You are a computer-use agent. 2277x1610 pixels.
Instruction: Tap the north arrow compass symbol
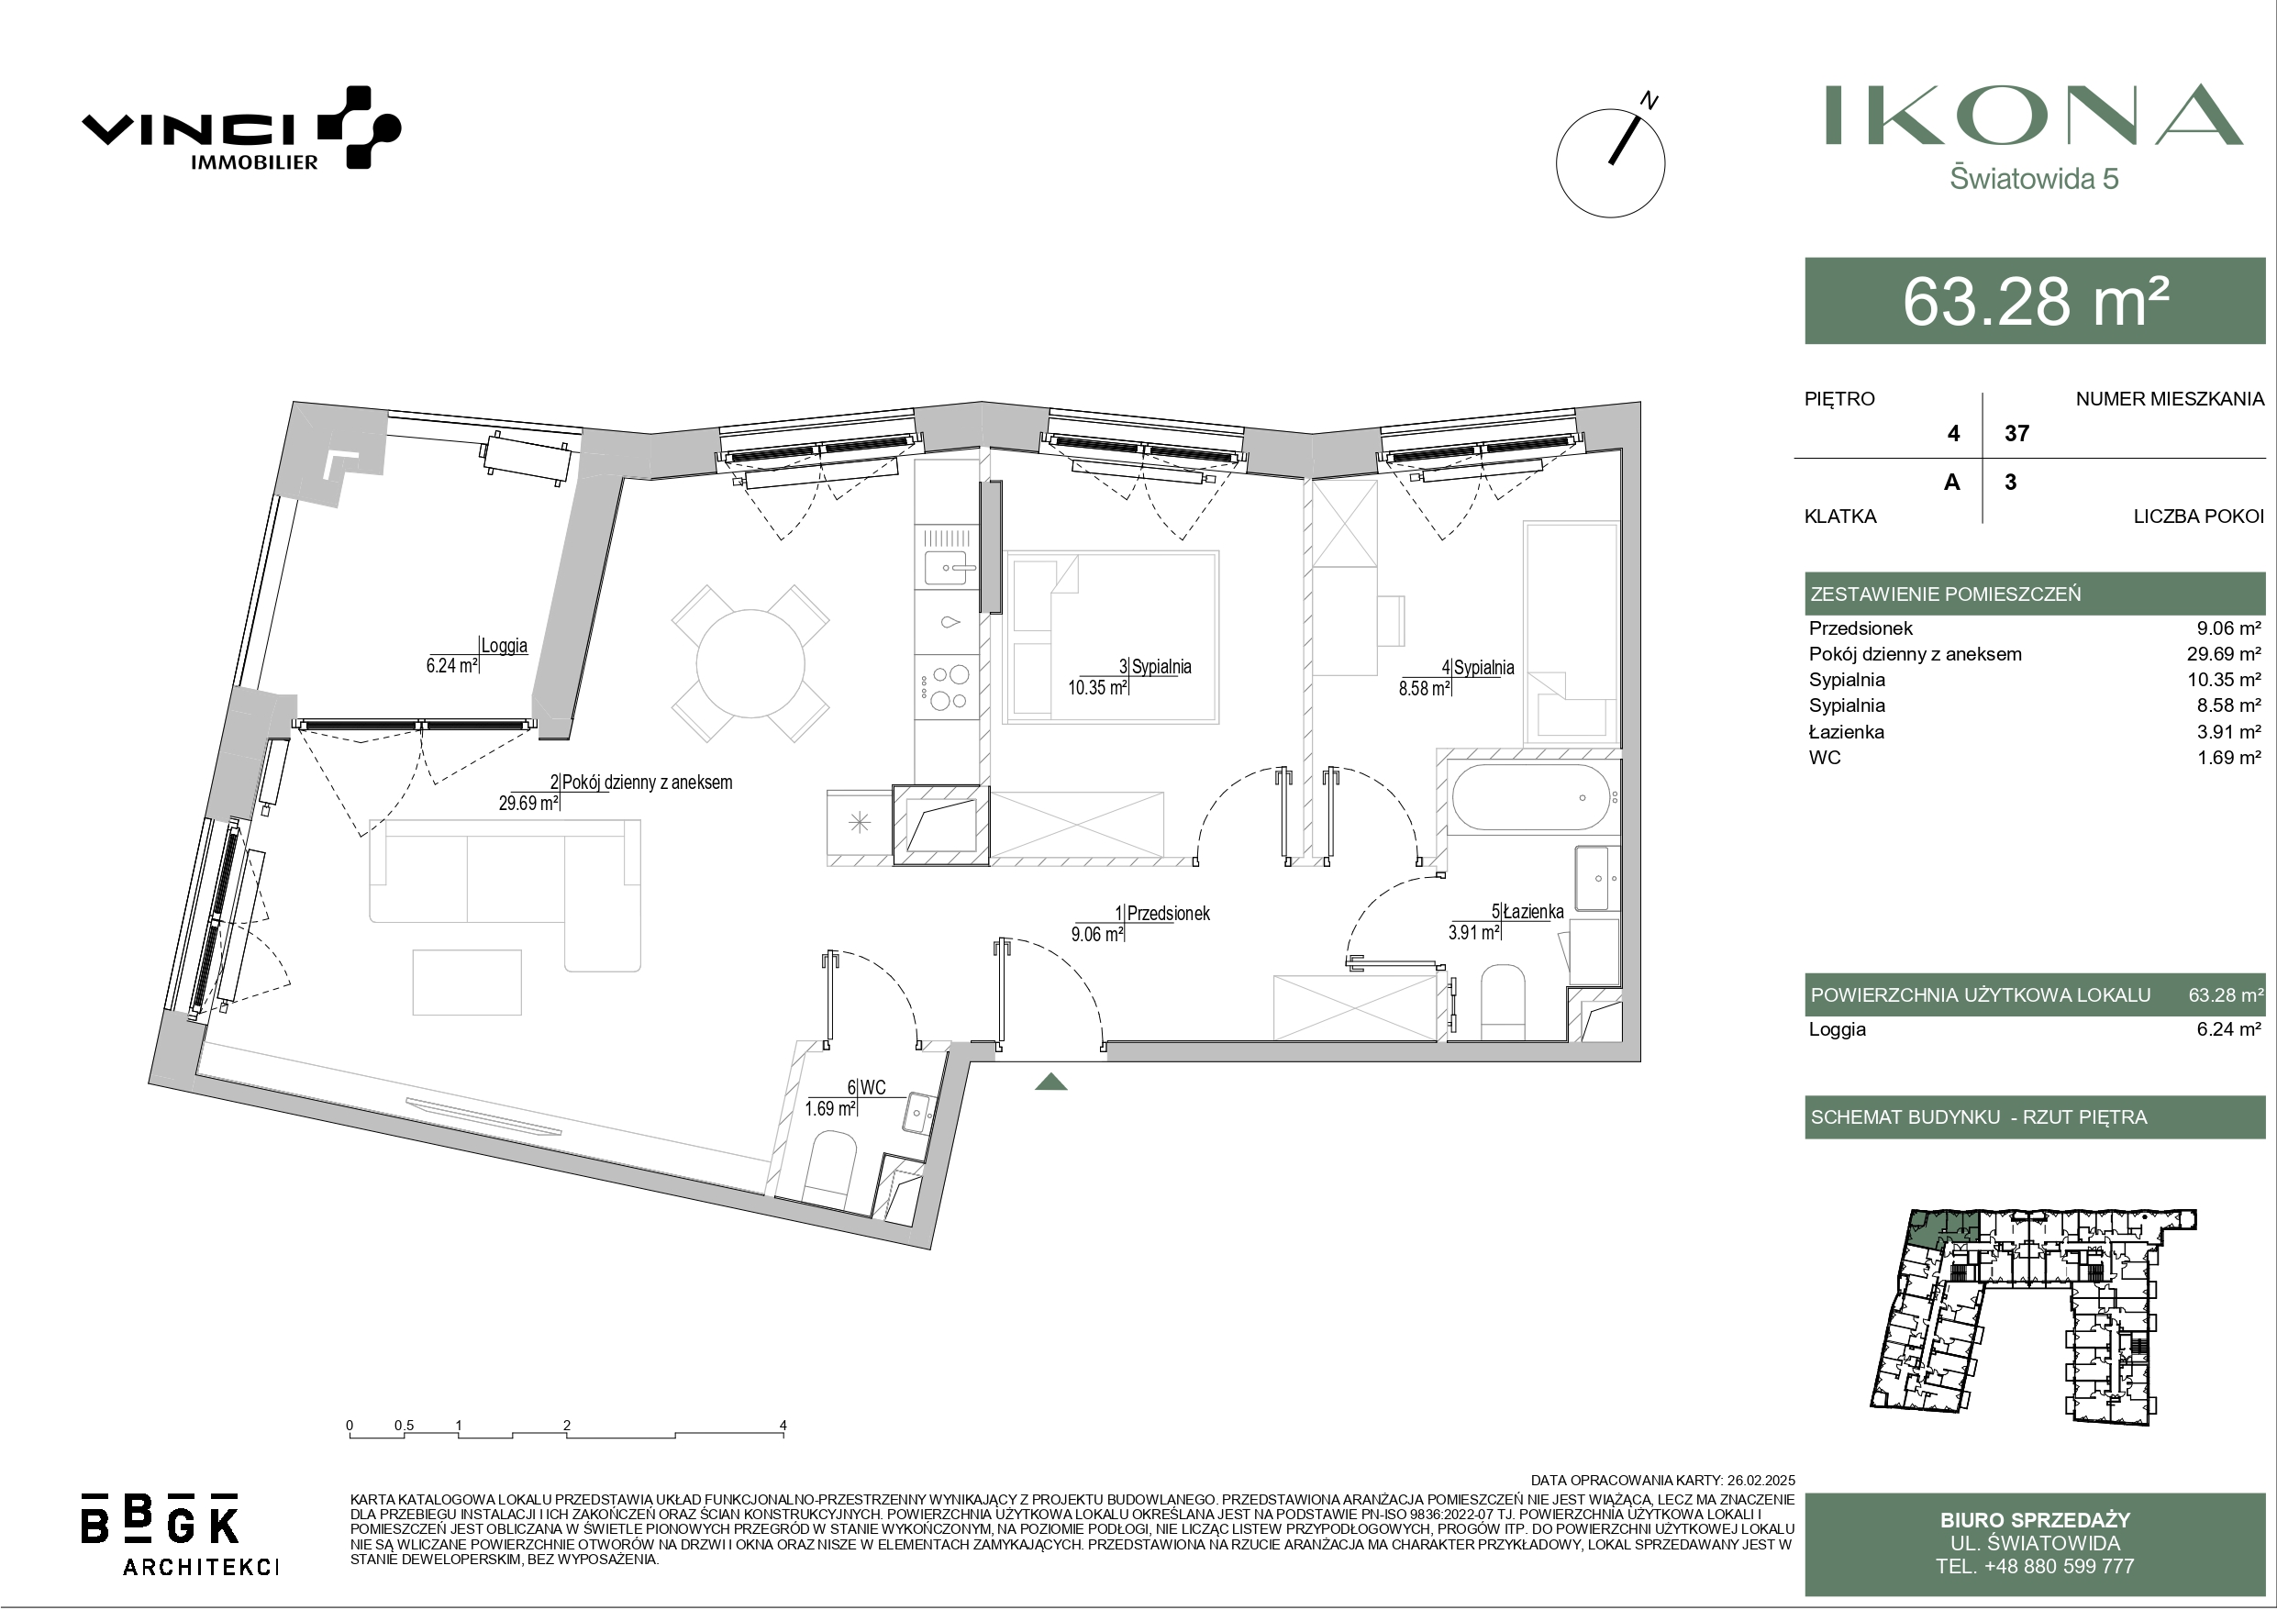pyautogui.click(x=1611, y=161)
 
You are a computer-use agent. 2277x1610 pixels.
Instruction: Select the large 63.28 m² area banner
pyautogui.click(x=2035, y=301)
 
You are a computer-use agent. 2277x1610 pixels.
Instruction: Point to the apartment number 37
pyautogui.click(x=2016, y=434)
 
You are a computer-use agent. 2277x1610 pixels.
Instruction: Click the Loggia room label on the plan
pyautogui.click(x=504, y=646)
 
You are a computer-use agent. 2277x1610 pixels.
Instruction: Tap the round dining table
pyautogui.click(x=750, y=662)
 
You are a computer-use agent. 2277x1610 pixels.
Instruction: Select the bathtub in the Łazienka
pyautogui.click(x=1531, y=796)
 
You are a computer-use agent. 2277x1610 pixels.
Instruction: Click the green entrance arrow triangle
pyautogui.click(x=1050, y=1082)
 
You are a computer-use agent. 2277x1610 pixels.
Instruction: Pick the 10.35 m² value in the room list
pyautogui.click(x=2227, y=681)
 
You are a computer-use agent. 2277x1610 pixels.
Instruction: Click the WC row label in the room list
pyautogui.click(x=1825, y=758)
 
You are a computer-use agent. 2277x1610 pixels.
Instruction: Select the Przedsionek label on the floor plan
pyautogui.click(x=1168, y=914)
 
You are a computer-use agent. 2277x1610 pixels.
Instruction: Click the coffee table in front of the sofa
pyautogui.click(x=466, y=983)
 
